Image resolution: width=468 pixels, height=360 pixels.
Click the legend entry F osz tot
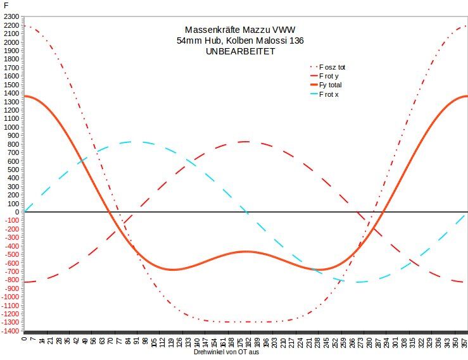click(x=332, y=66)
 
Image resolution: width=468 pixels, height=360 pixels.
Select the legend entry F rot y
click(x=329, y=75)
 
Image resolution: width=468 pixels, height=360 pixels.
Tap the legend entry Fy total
click(x=331, y=85)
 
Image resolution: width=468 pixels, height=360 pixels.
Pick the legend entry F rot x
click(x=329, y=94)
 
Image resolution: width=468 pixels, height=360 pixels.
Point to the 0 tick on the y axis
click(x=18, y=212)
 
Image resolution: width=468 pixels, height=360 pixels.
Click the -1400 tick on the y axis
click(x=11, y=330)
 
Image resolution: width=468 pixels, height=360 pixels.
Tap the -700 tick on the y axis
click(x=12, y=271)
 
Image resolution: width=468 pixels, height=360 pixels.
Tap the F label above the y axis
click(x=6, y=5)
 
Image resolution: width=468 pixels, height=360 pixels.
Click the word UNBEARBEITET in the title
click(x=241, y=52)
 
